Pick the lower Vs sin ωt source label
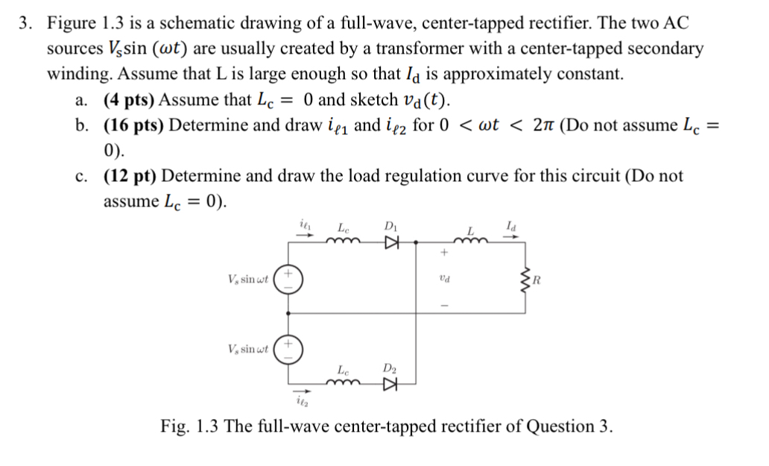click(249, 349)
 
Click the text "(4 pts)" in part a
click(129, 100)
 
